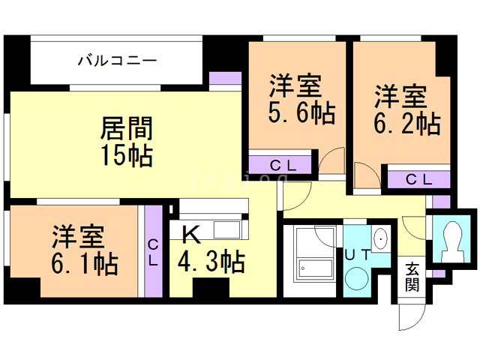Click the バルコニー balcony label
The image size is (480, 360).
pos(117,60)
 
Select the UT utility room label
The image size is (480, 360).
pos(356,255)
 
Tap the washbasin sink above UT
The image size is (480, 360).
pos(381,238)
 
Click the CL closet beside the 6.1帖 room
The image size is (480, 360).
pos(153,252)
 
